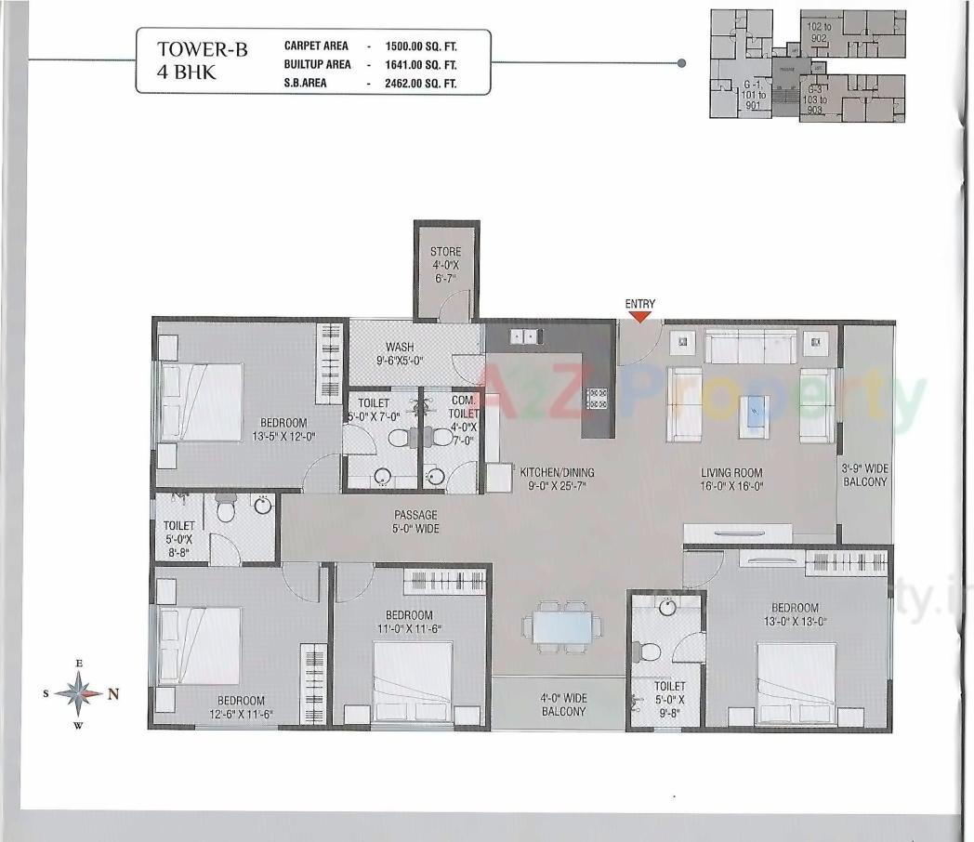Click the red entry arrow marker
(x=640, y=317)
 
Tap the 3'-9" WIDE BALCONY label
(x=865, y=475)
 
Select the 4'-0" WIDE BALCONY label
(x=564, y=704)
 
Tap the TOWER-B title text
(x=202, y=50)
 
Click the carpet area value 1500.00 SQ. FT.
(x=431, y=46)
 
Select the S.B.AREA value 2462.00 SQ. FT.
(x=431, y=83)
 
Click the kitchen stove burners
(x=596, y=399)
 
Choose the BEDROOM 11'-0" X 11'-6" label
(x=409, y=622)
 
